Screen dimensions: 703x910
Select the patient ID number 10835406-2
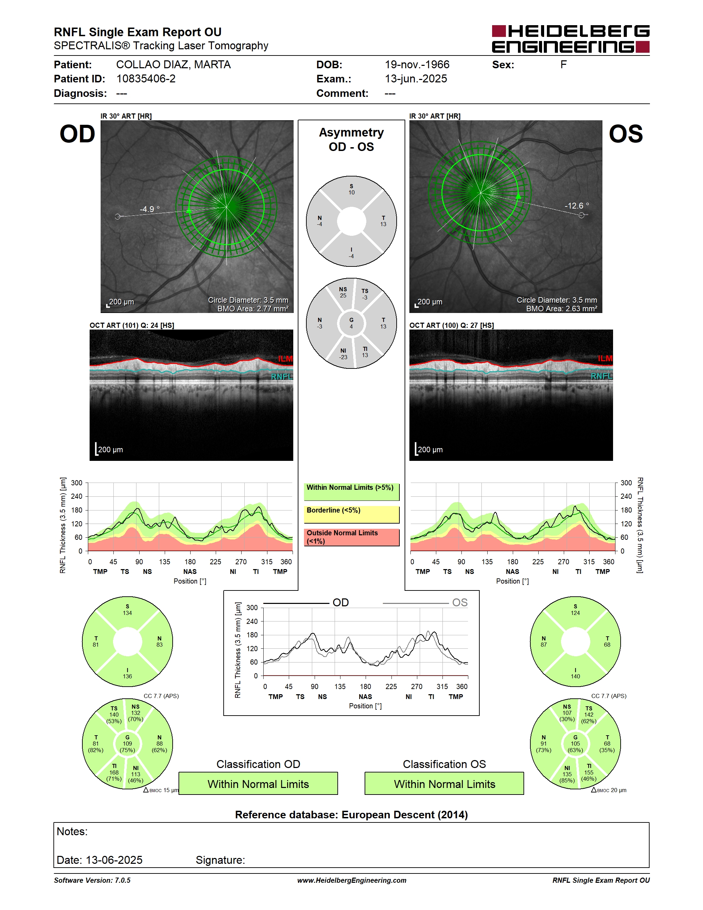click(x=146, y=79)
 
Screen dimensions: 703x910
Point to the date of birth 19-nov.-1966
click(x=417, y=64)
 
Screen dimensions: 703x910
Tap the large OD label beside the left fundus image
click(x=78, y=134)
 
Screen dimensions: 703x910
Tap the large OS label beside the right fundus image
click(x=625, y=134)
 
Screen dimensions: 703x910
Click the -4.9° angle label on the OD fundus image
click(x=150, y=209)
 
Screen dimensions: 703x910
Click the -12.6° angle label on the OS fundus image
click(x=577, y=205)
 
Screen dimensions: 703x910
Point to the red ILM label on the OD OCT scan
click(x=285, y=359)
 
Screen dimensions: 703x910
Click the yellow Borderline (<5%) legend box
click(x=351, y=515)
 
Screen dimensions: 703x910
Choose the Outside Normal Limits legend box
click(x=351, y=537)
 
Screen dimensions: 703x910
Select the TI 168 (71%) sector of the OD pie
click(x=114, y=772)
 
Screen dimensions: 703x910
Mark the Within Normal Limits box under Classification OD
click(x=258, y=784)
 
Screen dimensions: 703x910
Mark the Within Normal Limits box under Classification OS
click(x=445, y=784)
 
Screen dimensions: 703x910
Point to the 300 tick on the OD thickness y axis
click(x=77, y=483)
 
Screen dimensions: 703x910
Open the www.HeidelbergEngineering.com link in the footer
click(x=351, y=880)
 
